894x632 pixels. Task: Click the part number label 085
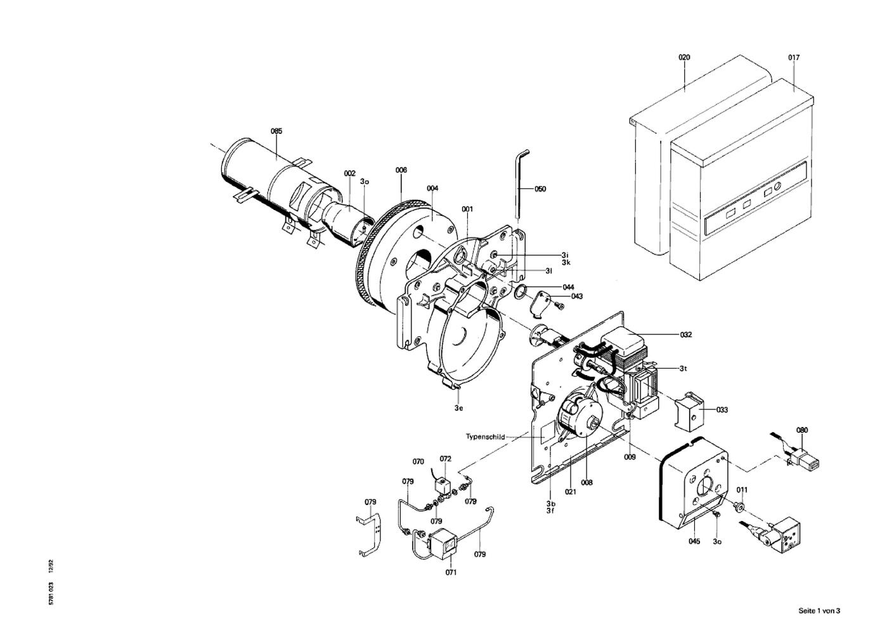pos(276,131)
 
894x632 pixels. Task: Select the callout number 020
pos(684,58)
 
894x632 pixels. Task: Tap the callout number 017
pos(794,58)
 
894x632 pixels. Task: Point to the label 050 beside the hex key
pos(540,189)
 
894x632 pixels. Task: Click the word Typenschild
pos(485,437)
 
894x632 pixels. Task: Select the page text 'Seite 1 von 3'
pos(819,611)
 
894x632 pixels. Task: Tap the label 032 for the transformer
pos(686,335)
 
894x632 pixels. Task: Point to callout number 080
pos(802,430)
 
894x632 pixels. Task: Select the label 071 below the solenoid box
pos(451,572)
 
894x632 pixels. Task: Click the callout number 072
pos(445,459)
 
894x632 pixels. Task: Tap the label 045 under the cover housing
pos(694,542)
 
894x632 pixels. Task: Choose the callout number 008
pos(586,483)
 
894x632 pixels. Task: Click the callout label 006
pos(401,170)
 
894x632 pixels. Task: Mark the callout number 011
pos(742,490)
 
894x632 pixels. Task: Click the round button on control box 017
pos(777,186)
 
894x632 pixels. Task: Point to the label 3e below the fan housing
pos(458,408)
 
